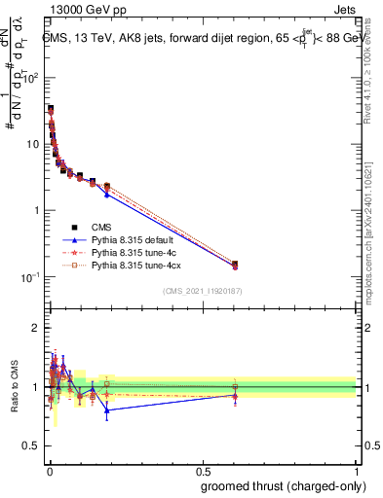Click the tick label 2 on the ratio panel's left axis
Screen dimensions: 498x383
pos(37,328)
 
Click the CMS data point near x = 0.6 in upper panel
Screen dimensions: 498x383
pos(234,264)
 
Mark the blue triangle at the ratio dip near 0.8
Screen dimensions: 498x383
pos(106,410)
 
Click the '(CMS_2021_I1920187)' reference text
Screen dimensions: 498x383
pos(202,292)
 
